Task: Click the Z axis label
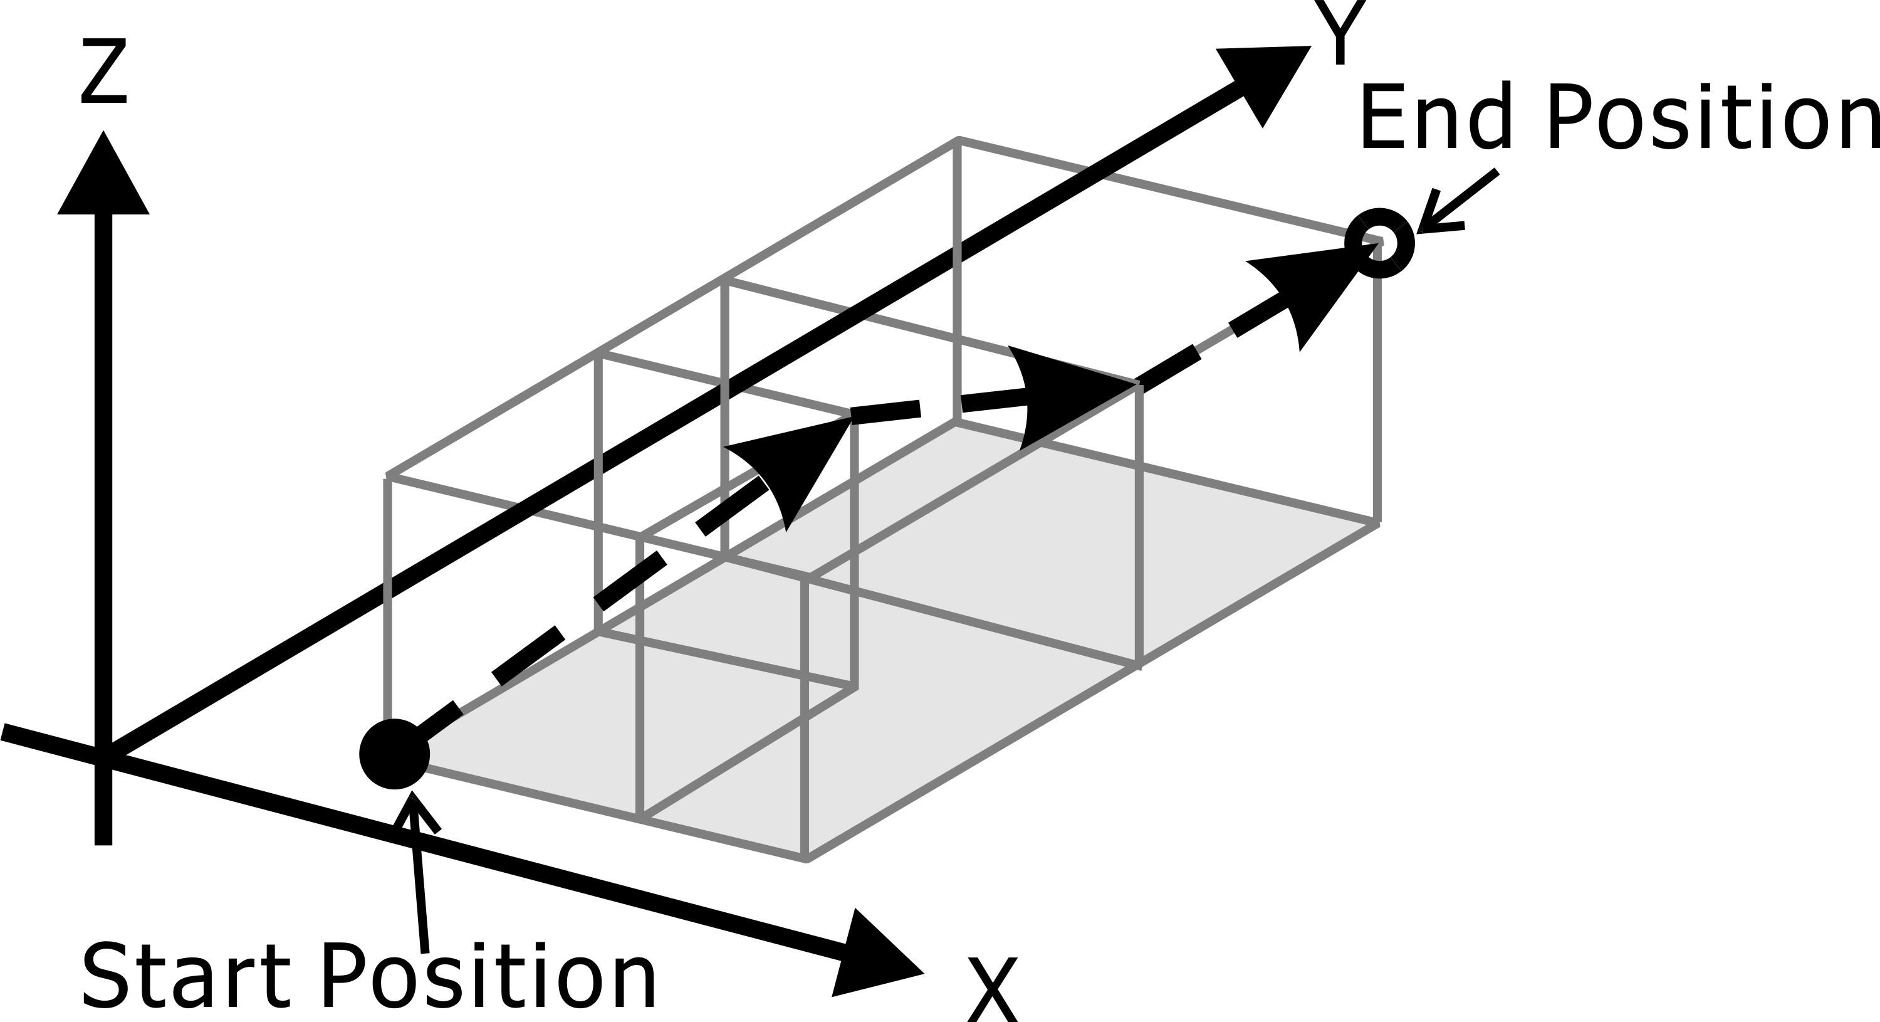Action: (x=103, y=71)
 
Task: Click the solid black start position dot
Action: (x=394, y=754)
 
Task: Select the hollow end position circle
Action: (x=1379, y=243)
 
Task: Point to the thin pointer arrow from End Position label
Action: (x=1453, y=206)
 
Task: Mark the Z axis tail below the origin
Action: (x=103, y=810)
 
